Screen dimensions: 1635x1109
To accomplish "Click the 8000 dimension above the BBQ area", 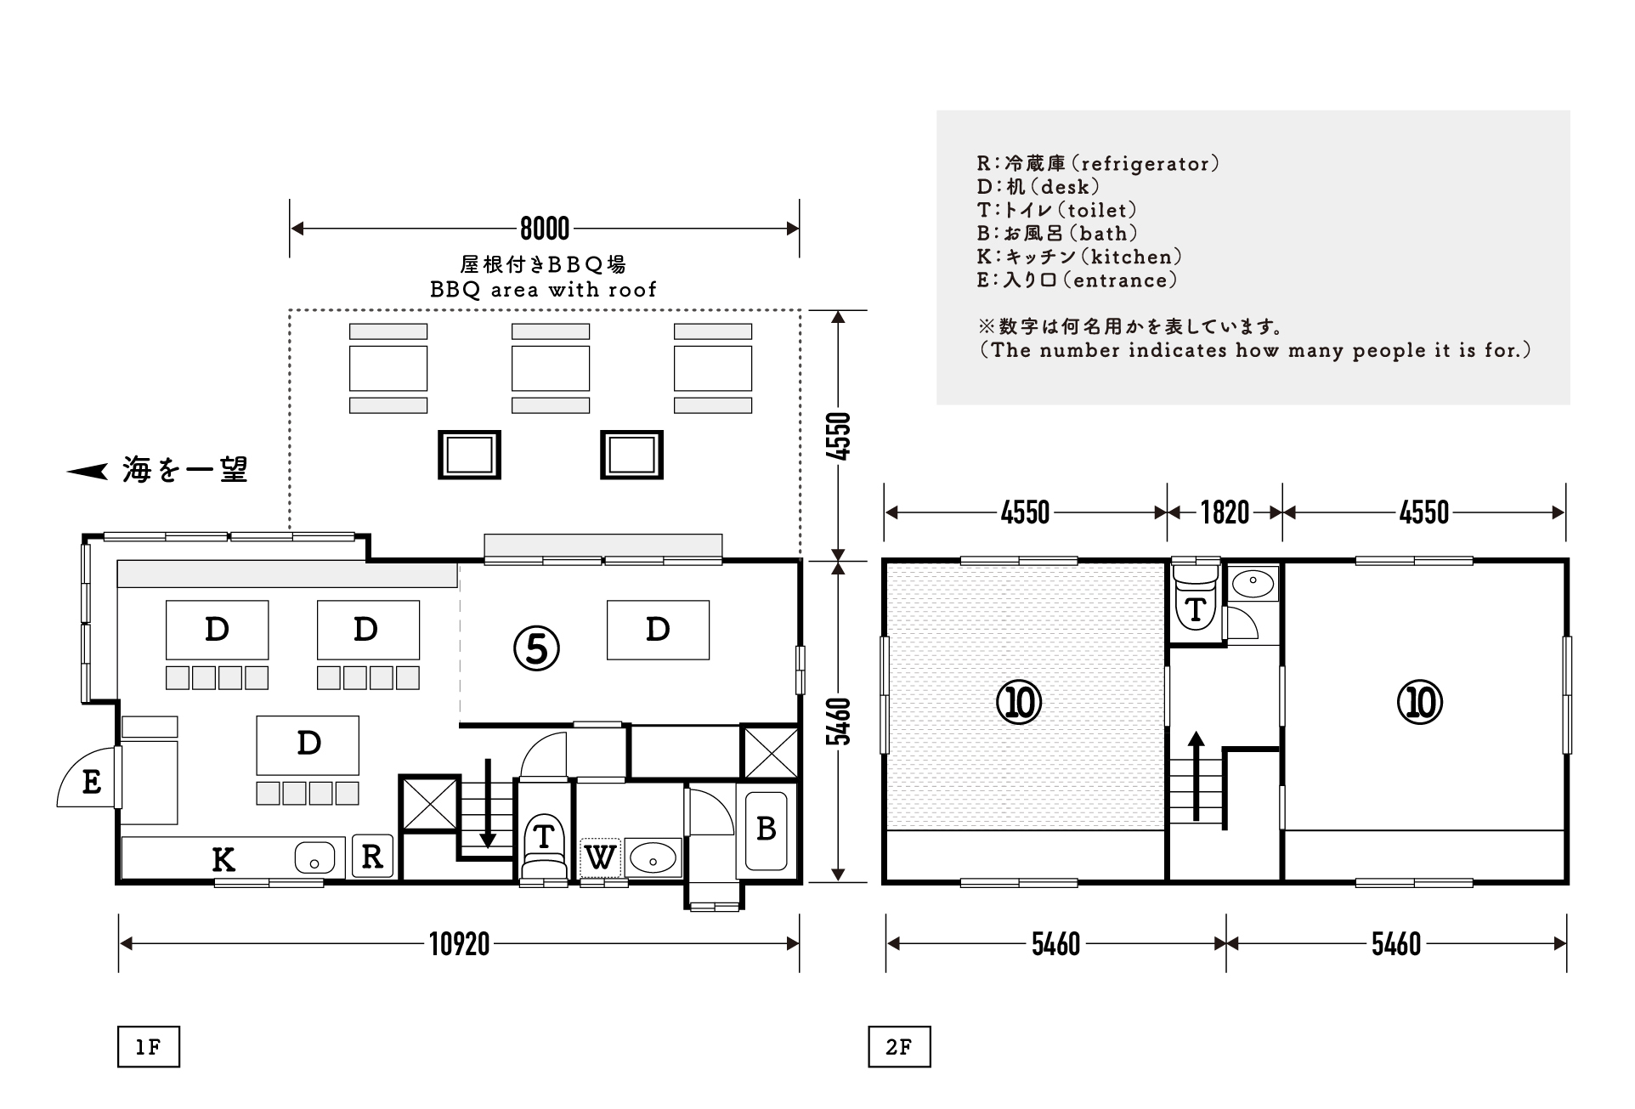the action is point(545,229).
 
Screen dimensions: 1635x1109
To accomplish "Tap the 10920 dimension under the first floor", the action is point(459,944).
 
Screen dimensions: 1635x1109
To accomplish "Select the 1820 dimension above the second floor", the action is point(1225,512).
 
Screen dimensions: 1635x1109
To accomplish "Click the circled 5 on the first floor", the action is point(536,648).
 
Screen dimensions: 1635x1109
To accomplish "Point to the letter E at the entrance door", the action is point(92,781).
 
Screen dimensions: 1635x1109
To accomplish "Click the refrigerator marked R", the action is point(372,856).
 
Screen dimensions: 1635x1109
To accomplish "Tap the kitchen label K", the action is point(223,860).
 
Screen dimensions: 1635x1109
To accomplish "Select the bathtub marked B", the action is point(767,829).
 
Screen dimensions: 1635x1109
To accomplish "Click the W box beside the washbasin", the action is point(601,857).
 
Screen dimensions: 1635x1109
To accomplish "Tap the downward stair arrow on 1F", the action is point(488,803).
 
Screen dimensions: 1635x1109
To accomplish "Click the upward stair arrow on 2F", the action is point(1197,775).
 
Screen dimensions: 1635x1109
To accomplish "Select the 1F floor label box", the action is point(149,1047).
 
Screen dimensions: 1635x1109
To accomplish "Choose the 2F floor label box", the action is point(899,1047).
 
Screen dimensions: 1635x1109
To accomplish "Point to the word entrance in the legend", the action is point(1121,280).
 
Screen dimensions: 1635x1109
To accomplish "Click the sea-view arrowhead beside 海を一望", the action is point(88,471).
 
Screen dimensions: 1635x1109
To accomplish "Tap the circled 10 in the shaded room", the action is point(1019,702).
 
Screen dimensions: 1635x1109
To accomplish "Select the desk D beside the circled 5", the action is point(658,630).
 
